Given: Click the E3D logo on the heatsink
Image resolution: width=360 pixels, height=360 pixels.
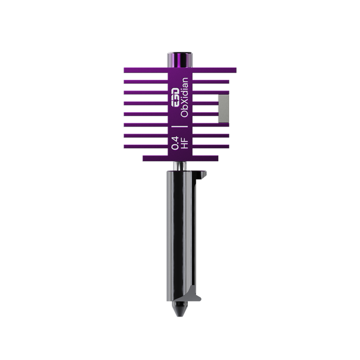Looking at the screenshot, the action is [x=176, y=97].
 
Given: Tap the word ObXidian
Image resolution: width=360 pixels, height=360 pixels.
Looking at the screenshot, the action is [x=185, y=97].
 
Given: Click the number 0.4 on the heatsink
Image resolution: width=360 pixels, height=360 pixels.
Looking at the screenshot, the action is [x=175, y=143].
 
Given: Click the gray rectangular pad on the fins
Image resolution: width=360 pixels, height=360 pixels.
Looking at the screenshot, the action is [x=223, y=109].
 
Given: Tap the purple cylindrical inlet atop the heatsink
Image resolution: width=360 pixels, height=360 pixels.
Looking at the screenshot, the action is [x=180, y=60].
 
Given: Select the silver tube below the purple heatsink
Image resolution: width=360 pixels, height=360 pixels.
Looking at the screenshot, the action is [x=180, y=166].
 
